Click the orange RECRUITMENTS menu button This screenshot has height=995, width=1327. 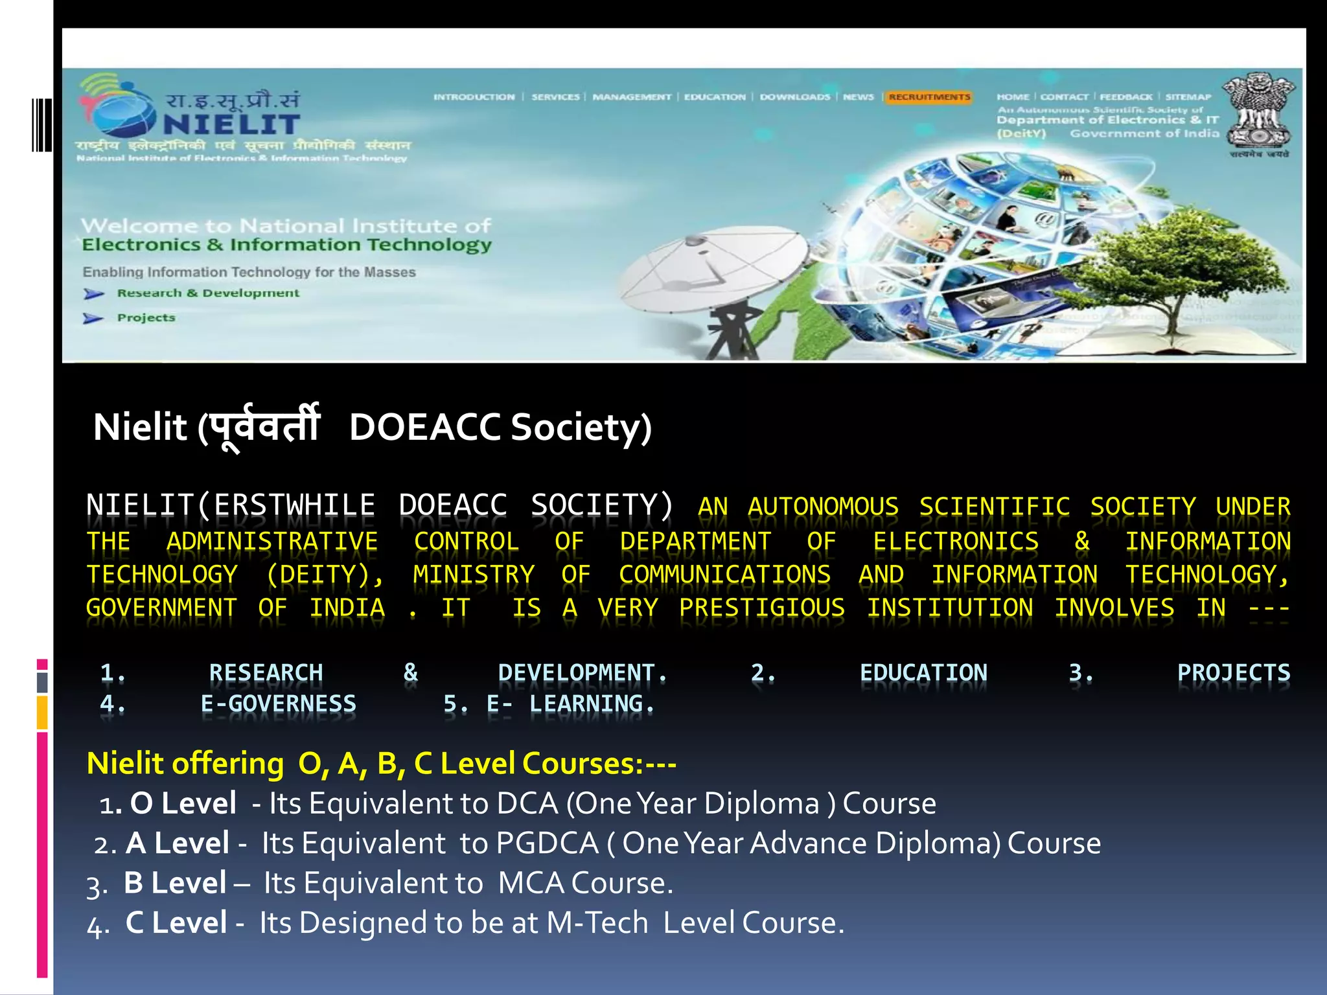[929, 97]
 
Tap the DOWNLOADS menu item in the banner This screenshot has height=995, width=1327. [794, 97]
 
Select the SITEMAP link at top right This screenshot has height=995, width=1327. [1188, 97]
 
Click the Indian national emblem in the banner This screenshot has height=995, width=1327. [1258, 113]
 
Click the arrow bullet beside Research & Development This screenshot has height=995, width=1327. [94, 294]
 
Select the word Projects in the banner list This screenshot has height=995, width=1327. [146, 317]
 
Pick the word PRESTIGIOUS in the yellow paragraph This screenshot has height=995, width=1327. [762, 608]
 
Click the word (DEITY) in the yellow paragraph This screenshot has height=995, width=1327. [325, 575]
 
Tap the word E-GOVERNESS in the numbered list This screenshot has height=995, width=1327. [278, 704]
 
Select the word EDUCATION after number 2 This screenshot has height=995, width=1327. [923, 673]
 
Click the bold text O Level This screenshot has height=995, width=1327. [183, 804]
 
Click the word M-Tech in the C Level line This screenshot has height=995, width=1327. [597, 923]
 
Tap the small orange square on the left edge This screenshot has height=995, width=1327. [42, 713]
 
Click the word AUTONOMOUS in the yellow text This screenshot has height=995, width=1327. [823, 507]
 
